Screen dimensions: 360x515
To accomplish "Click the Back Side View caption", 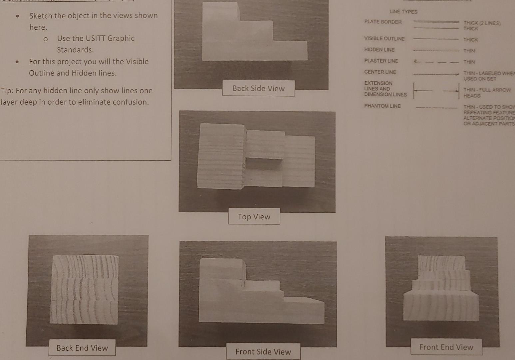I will click(258, 88).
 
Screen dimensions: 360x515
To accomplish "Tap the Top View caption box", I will click(254, 217).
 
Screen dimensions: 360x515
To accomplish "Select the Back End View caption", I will click(82, 348).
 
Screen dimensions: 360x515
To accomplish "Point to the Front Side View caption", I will click(263, 352).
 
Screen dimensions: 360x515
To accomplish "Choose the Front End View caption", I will click(446, 347).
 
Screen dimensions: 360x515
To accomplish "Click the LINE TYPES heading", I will click(403, 12).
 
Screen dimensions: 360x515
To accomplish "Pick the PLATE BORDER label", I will click(383, 22).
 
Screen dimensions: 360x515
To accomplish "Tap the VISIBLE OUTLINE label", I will click(384, 39).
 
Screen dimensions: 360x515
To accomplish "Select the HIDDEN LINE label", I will click(379, 50).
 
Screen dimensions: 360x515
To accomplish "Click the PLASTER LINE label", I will click(381, 61).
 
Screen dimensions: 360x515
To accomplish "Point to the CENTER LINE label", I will click(380, 72).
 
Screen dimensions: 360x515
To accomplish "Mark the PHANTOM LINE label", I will click(382, 106).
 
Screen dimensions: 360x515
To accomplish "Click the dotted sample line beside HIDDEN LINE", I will click(436, 51).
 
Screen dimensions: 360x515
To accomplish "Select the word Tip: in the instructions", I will click(8, 91).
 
